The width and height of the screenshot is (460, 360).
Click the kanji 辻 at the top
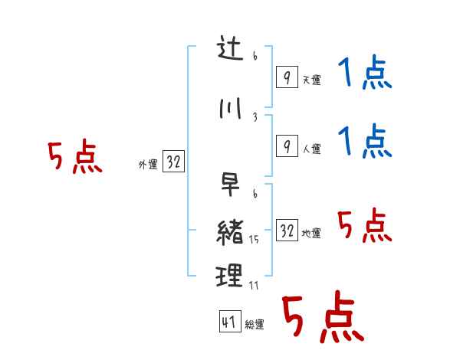point(230,51)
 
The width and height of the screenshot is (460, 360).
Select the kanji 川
point(229,110)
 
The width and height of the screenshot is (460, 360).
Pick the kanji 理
point(230,275)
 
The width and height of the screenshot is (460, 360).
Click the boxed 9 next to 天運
point(286,77)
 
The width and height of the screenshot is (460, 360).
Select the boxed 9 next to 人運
point(286,146)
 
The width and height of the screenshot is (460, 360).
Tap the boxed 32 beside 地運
point(287,231)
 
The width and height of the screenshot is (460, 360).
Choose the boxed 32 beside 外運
point(173,162)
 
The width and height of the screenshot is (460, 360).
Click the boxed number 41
point(229,322)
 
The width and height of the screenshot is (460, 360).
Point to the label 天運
point(311,80)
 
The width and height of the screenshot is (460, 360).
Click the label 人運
point(311,149)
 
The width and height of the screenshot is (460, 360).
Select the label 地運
point(311,233)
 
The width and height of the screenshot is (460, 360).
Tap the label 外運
point(147,164)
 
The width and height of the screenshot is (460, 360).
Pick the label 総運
point(255,325)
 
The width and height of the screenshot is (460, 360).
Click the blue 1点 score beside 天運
point(364,75)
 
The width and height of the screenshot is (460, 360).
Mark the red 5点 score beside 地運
point(364,226)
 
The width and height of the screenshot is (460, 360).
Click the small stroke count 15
point(254,240)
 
